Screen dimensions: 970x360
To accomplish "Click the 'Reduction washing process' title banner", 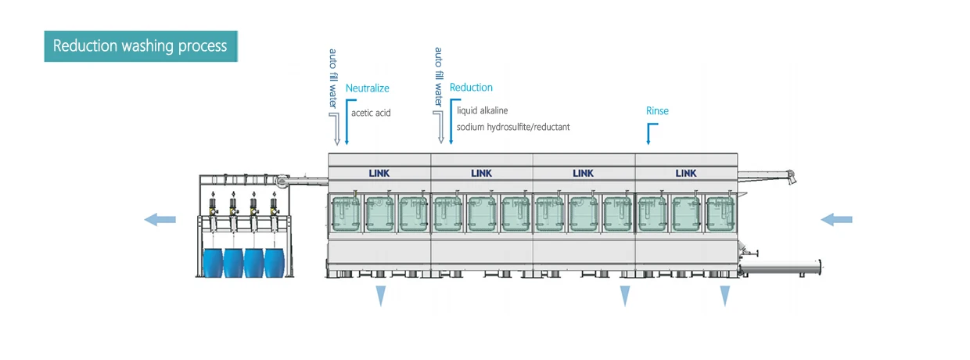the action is coord(141,46).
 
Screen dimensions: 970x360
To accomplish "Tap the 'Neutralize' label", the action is coord(367,88).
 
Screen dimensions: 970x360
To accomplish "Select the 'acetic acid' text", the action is coord(371,113).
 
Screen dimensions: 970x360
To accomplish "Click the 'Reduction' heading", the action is coord(471,88).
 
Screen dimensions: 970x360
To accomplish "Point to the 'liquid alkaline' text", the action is coord(483,110).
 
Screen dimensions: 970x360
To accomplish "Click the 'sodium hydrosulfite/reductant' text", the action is coord(513,127).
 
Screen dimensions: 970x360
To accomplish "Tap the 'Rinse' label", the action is coord(657,111).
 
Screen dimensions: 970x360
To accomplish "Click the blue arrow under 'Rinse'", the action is coord(652,134).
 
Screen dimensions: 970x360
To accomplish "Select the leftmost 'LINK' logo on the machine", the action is coord(379,173).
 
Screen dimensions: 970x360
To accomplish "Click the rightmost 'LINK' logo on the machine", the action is coord(686,173).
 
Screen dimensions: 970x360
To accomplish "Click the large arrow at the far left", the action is coord(160,220).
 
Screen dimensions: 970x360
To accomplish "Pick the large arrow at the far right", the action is coord(837,220).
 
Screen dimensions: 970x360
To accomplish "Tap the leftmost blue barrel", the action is coord(213,262).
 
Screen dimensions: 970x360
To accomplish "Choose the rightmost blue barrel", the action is coord(275,262).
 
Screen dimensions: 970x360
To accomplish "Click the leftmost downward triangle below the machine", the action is coord(381,296).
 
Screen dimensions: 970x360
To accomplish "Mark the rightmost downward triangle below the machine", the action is coord(725,296).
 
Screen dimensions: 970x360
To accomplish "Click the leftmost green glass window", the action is coord(345,214).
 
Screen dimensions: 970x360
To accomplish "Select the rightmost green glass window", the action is coord(720,214).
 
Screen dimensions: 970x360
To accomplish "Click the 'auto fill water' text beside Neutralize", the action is coord(332,78).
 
